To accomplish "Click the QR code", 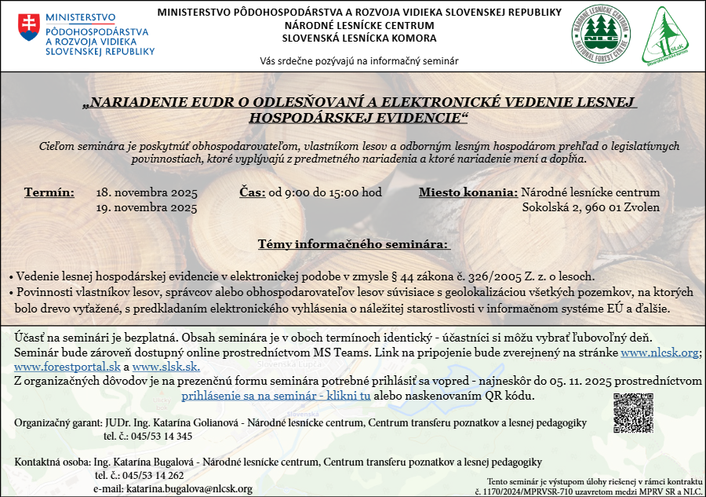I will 633,412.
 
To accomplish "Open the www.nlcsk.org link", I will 659,353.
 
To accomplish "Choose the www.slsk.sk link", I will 166,367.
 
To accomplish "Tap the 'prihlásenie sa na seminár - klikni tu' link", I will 276,396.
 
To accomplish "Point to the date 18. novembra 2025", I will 146,192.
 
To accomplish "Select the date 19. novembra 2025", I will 146,208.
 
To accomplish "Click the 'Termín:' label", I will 49,192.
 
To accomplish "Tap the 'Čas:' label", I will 252,192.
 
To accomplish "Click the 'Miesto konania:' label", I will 468,192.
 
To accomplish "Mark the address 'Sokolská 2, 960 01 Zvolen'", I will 591,208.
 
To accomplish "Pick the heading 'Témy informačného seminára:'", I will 354,244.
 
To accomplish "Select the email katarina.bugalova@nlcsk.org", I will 184,488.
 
